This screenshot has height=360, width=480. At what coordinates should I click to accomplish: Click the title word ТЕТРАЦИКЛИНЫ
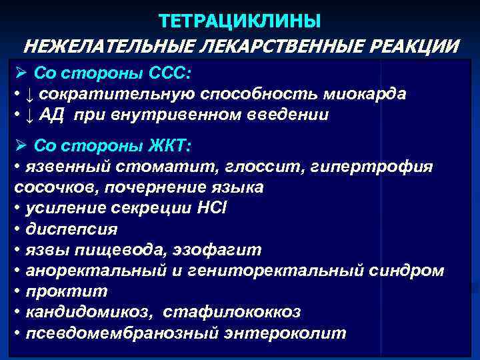tap(240, 21)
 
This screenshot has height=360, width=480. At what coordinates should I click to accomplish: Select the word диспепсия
tap(71, 229)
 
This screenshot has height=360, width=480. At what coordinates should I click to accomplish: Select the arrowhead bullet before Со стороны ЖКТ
tap(19, 145)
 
